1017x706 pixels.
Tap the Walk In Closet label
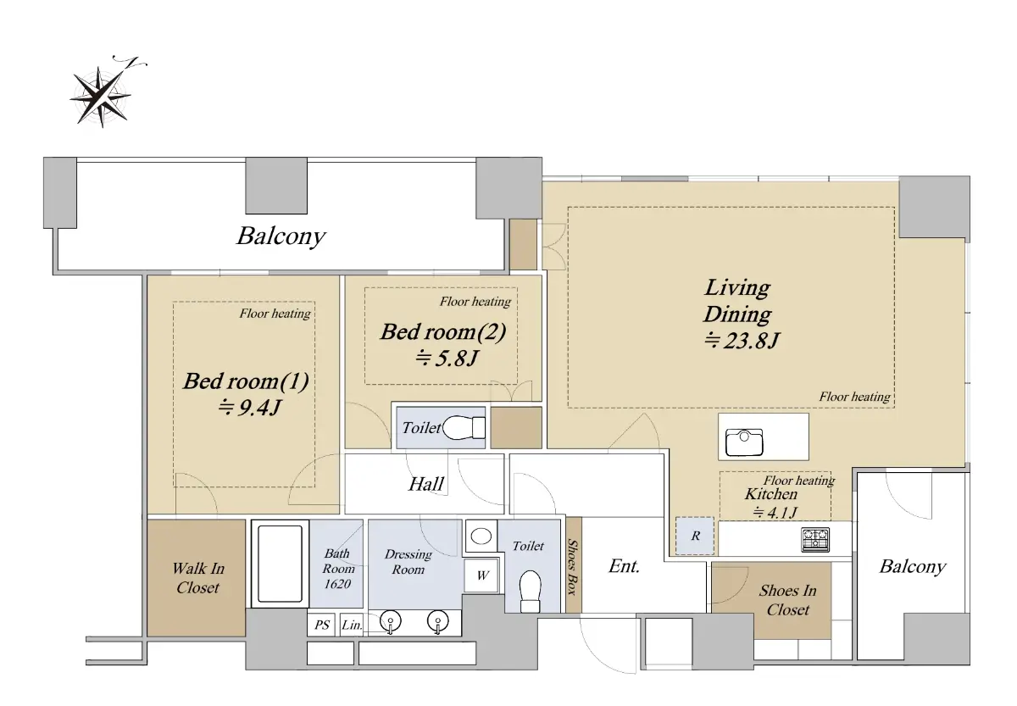pos(198,577)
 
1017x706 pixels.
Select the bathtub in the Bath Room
pos(280,564)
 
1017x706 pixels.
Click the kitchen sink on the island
pos(744,442)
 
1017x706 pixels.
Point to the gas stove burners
pos(815,539)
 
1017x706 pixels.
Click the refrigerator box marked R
pos(695,536)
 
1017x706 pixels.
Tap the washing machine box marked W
pos(481,575)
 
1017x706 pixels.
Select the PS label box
pos(321,625)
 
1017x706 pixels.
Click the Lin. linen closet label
pos(352,625)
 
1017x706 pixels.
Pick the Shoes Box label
pos(573,567)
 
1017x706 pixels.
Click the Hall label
pos(425,484)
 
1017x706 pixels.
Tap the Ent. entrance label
pos(625,566)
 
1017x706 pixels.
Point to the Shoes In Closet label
pos(787,600)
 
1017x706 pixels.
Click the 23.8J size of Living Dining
pos(742,340)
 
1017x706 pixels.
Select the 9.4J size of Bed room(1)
pos(250,408)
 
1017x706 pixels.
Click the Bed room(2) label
pos(443,332)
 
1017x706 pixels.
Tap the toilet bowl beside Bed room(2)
pos(464,428)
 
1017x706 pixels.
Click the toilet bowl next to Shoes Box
pos(530,591)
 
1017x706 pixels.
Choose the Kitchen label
pos(771,494)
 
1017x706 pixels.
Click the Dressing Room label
pos(408,562)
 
